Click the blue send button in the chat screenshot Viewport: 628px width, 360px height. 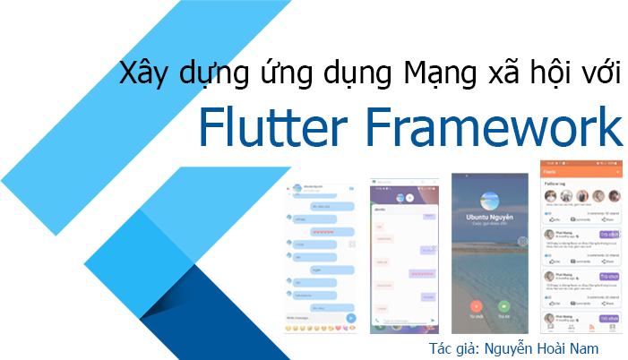(x=352, y=318)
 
